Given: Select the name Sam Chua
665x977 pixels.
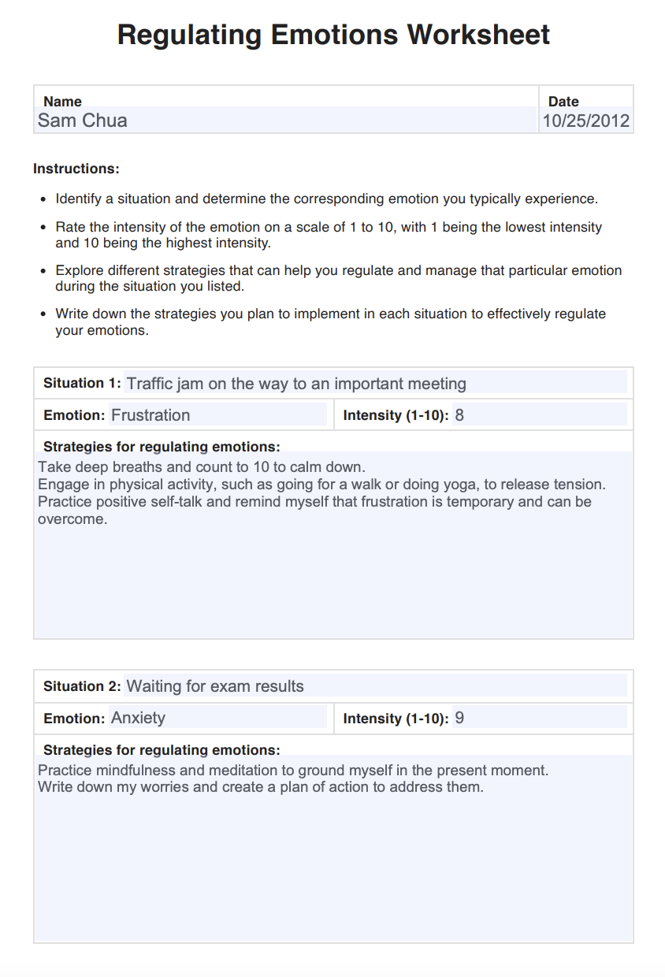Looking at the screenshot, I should (82, 121).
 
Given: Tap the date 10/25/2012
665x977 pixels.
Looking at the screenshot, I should (585, 121).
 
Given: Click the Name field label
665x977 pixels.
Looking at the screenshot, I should (62, 102).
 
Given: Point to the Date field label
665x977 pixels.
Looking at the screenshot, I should (563, 102).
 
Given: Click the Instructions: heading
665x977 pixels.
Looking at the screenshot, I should (76, 169).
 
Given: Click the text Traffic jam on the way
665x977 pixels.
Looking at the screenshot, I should (205, 384).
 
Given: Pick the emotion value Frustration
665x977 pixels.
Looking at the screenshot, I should (150, 415).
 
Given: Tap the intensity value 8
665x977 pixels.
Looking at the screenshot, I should (459, 415).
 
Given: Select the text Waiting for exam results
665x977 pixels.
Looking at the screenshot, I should (215, 686).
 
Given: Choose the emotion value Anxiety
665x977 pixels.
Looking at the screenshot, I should (138, 718).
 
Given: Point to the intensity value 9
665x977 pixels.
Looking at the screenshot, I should (459, 718).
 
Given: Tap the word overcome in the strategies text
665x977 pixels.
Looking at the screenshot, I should (71, 519).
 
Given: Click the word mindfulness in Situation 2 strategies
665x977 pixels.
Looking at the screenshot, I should (133, 770).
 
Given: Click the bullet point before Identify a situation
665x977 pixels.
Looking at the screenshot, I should (43, 199).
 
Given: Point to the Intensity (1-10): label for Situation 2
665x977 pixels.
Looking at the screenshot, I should (396, 719).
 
